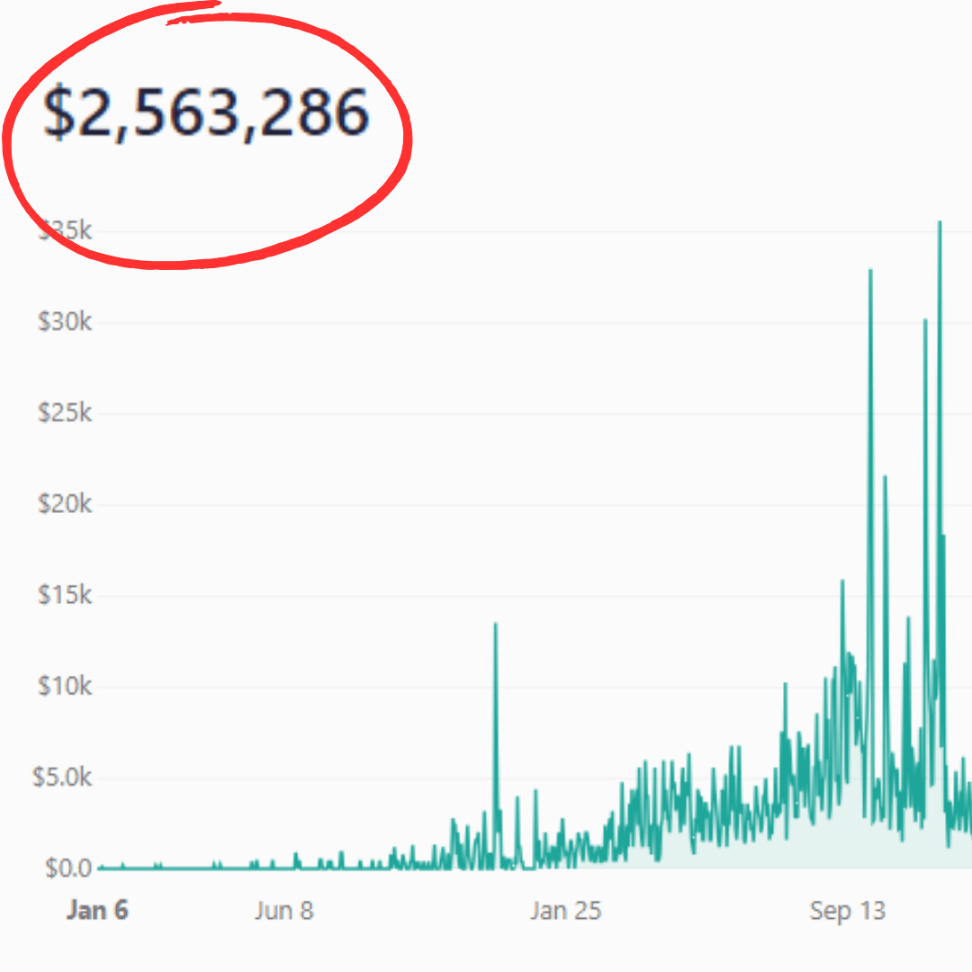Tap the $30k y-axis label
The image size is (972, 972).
point(65,322)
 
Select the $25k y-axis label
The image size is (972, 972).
point(65,413)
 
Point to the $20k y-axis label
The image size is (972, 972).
point(65,504)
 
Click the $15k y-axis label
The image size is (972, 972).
point(65,596)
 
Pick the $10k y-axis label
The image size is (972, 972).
point(65,687)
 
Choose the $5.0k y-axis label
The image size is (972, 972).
point(62,778)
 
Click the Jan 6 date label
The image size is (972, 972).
point(97,911)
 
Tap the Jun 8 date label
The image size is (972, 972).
point(283,911)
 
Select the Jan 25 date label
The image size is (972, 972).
point(565,911)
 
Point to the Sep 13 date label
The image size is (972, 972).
point(847,911)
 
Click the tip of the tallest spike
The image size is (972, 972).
point(940,221)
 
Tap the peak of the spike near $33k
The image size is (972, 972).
point(870,270)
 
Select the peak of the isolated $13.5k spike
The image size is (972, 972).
point(495,624)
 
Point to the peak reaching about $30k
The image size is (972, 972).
point(924,319)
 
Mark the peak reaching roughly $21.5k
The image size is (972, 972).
point(885,476)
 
